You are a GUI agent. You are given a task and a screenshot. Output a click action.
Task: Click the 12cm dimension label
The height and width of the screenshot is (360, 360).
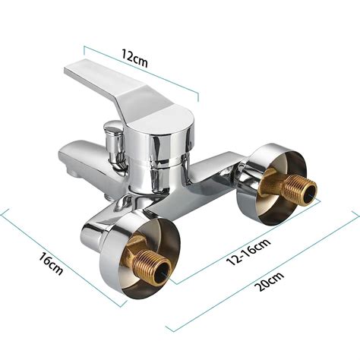pos(134,58)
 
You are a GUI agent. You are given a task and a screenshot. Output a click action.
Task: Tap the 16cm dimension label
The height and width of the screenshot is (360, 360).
pos(51,264)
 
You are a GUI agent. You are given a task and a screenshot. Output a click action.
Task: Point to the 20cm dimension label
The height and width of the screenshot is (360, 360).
pos(270,282)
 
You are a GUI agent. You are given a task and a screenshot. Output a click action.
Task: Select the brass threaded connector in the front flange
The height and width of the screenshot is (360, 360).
pos(148,264)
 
